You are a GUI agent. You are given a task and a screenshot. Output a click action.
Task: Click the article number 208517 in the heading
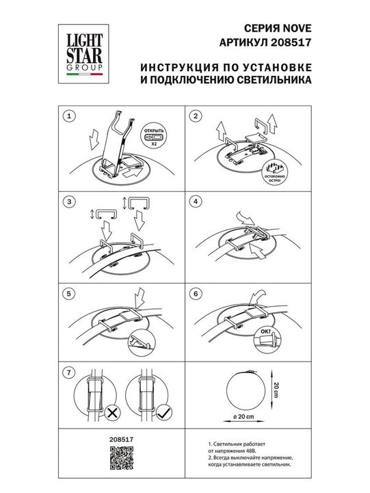click(294, 42)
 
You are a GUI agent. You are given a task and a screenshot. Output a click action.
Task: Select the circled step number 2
click(196, 116)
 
